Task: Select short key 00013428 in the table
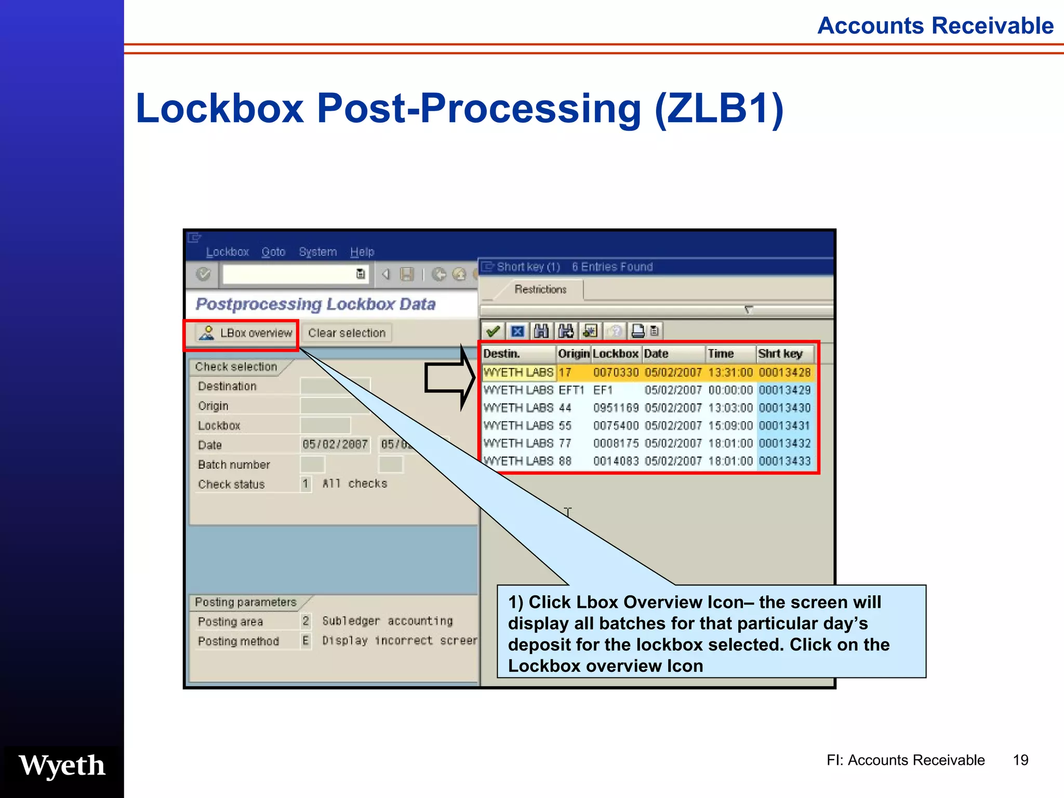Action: coord(784,373)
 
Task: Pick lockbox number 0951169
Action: coord(616,408)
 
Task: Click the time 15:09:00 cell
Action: coord(730,425)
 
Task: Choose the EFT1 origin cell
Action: coord(571,390)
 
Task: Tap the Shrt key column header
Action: coord(780,354)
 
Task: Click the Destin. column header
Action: coord(501,354)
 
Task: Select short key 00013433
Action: coord(784,461)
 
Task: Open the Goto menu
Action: coord(273,252)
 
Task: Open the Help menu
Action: coord(362,252)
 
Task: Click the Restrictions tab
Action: coord(540,289)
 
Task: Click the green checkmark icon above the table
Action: coord(493,331)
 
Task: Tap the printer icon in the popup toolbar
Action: coord(638,331)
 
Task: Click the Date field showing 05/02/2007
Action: coord(335,445)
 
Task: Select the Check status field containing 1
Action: coord(305,484)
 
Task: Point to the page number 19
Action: coord(1020,760)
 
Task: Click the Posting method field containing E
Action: coord(305,641)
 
